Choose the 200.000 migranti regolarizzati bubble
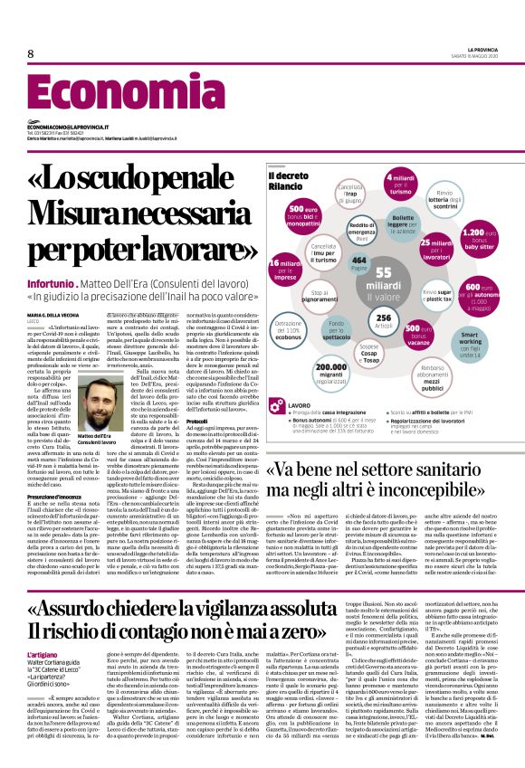click(333, 373)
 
